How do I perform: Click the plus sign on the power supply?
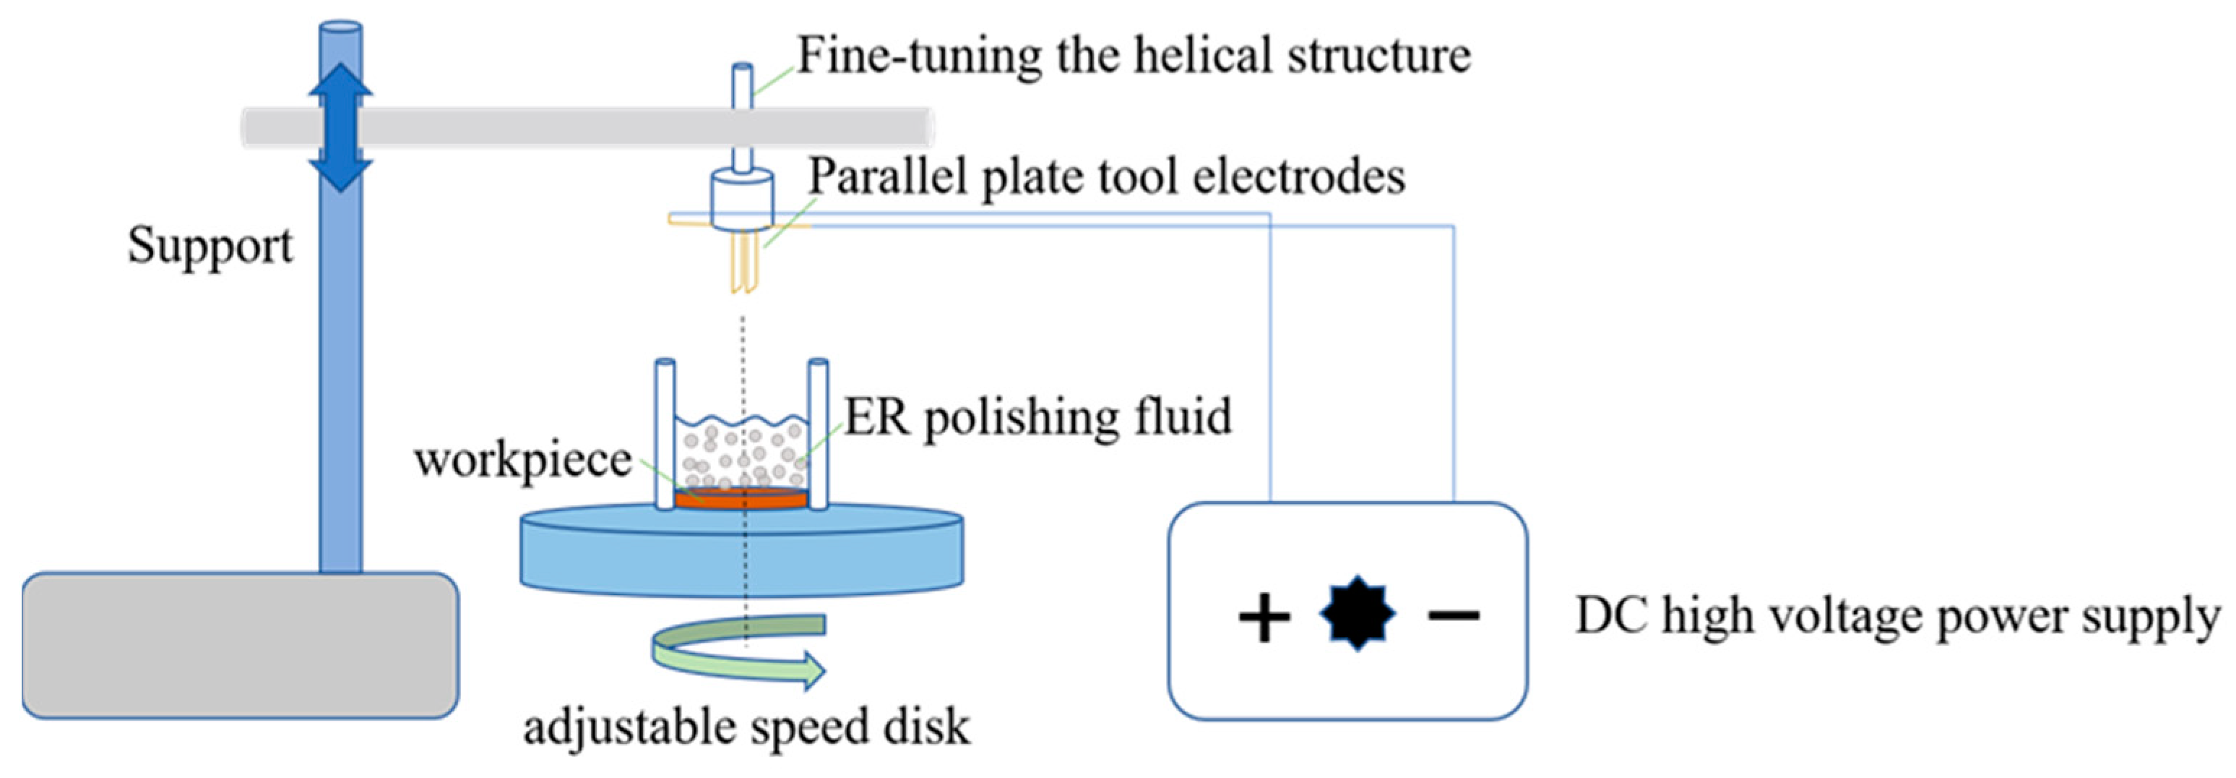point(1263,617)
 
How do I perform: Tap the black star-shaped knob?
point(1357,615)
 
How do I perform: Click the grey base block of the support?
point(241,645)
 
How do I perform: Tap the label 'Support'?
point(210,247)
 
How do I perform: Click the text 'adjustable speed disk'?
point(746,727)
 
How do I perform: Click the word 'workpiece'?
point(522,460)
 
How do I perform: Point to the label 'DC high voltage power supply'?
point(1897,617)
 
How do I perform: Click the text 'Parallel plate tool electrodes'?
point(1107,178)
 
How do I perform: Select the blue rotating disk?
point(741,552)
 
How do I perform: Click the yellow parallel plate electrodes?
point(745,258)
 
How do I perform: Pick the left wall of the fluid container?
point(665,433)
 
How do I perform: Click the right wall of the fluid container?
point(818,433)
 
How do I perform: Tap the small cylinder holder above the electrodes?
point(742,199)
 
